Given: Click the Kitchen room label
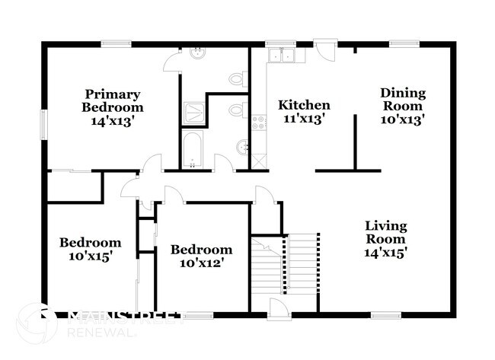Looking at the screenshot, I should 304,105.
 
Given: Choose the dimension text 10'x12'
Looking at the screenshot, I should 201,263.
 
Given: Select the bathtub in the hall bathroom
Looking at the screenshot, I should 192,149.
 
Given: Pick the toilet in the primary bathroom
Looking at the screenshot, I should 238,78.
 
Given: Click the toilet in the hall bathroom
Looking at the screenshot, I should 238,111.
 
